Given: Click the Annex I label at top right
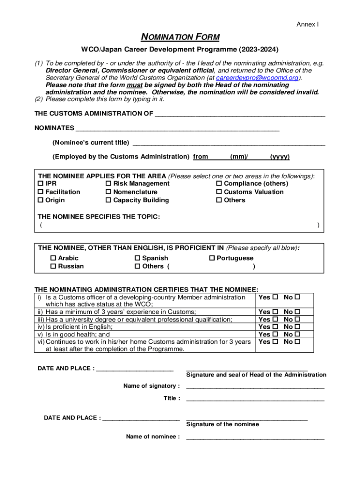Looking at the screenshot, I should (x=308, y=24).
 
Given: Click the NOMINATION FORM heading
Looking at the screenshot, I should (x=180, y=37).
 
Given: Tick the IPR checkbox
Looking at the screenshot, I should (x=41, y=184).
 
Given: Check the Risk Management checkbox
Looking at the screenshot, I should (x=108, y=184).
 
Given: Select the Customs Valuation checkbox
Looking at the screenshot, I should (x=219, y=192).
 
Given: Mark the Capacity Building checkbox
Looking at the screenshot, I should (x=108, y=200).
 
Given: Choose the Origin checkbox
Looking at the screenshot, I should (x=41, y=200).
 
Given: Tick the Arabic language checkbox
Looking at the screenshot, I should (x=53, y=258).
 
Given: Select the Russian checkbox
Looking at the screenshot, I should (x=53, y=267).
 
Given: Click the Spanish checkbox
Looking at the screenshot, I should (x=137, y=258).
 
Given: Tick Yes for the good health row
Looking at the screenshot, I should (x=275, y=334).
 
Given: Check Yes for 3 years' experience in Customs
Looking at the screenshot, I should (x=275, y=312).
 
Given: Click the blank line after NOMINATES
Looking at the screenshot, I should (x=178, y=128).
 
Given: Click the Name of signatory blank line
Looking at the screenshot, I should (x=255, y=386).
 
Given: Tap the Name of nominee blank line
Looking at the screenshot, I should (x=255, y=437).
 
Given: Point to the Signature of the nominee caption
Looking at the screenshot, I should (x=223, y=424).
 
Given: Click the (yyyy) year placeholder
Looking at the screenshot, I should (x=280, y=157).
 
